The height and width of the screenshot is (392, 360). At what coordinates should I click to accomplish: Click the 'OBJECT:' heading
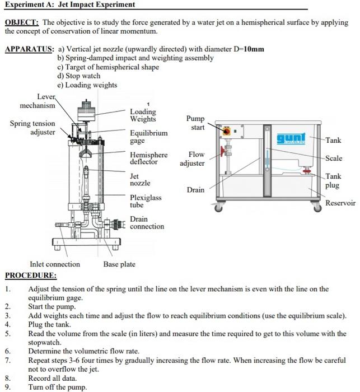coord(21,23)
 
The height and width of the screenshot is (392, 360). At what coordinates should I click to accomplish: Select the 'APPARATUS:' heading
coord(29,49)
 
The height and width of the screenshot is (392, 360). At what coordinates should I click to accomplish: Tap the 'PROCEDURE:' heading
coord(30,275)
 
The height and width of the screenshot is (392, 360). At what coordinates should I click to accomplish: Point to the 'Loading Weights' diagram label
coord(143,115)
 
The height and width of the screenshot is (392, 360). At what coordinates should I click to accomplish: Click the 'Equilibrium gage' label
coord(148,137)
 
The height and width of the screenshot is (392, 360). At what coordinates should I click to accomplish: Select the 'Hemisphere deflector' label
coord(148,158)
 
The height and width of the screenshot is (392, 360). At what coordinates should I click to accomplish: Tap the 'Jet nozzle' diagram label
coord(140,180)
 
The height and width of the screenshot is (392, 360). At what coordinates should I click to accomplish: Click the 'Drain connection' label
coord(147,223)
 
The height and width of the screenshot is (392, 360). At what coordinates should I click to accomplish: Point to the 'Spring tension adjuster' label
coord(32,128)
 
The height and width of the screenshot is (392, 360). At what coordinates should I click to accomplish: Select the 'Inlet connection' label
coord(55,264)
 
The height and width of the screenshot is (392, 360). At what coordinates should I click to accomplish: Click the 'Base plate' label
coord(119,264)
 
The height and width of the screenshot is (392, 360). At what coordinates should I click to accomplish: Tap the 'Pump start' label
coord(195,123)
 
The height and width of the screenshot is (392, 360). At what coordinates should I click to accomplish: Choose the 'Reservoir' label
coord(340,203)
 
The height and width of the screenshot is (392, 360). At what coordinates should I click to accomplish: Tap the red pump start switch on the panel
coord(227,132)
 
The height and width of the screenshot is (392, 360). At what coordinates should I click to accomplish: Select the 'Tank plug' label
coord(334,180)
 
